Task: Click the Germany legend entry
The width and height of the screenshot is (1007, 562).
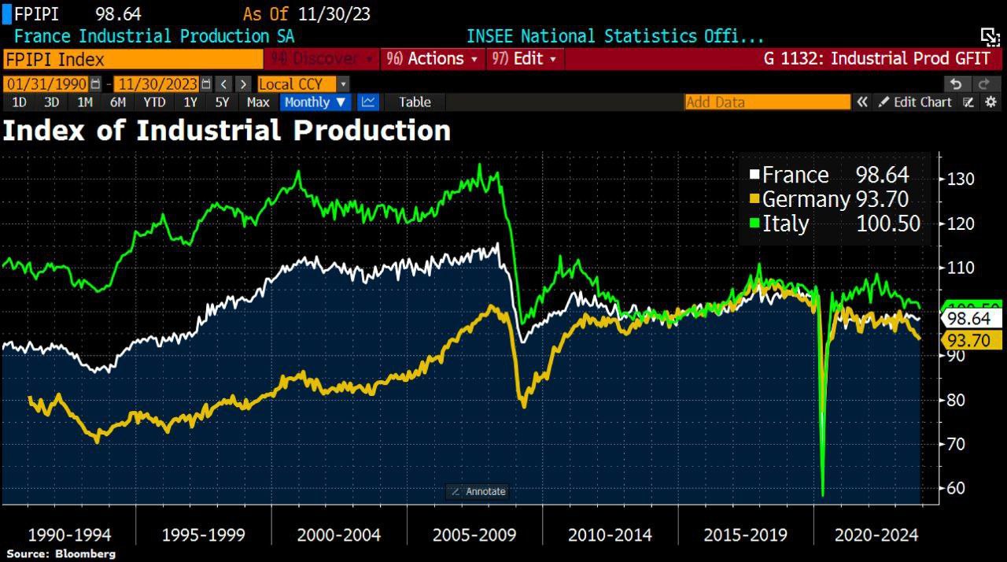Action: pyautogui.click(x=834, y=199)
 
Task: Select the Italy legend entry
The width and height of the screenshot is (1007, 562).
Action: pyautogui.click(x=834, y=224)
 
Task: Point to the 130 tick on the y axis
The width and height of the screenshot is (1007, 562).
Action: pyautogui.click(x=961, y=179)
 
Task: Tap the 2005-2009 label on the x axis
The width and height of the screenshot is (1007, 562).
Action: pyautogui.click(x=474, y=535)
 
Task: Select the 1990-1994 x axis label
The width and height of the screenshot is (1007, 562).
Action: pyautogui.click(x=68, y=535)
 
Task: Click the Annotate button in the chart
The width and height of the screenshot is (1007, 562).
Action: pyautogui.click(x=478, y=491)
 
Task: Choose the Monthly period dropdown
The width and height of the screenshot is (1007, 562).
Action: pyautogui.click(x=315, y=102)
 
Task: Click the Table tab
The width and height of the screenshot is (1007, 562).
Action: pyautogui.click(x=414, y=102)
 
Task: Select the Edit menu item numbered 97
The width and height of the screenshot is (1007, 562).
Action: pyautogui.click(x=524, y=59)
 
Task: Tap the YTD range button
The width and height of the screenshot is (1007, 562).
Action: pyautogui.click(x=154, y=102)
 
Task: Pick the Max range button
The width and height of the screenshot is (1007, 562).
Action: pyautogui.click(x=258, y=102)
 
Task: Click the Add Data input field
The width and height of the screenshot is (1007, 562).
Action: pyautogui.click(x=767, y=102)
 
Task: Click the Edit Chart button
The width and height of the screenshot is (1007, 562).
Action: pyautogui.click(x=915, y=102)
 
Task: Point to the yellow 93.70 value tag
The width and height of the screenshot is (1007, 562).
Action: pyautogui.click(x=973, y=340)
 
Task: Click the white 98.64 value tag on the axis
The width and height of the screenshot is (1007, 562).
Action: pyautogui.click(x=973, y=319)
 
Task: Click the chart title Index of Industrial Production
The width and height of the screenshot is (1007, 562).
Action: pyautogui.click(x=227, y=131)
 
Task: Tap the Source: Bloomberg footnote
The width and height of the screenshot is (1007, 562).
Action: pyautogui.click(x=61, y=554)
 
